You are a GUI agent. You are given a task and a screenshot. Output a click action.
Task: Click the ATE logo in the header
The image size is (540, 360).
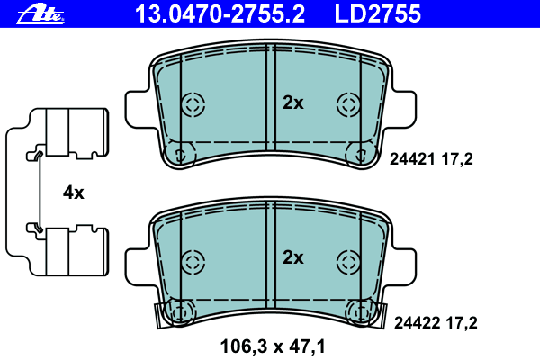40,15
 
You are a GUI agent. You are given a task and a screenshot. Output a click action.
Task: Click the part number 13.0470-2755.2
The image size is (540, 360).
220,14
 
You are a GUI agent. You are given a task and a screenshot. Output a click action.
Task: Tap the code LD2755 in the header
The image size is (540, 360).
378,14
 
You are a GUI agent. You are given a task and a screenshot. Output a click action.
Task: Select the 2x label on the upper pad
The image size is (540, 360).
293,103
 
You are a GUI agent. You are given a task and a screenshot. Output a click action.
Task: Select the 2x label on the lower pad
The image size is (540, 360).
293,257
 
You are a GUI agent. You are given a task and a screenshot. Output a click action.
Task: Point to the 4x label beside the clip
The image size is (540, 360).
74,193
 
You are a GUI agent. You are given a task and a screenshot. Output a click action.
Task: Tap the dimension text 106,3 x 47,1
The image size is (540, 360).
273,346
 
